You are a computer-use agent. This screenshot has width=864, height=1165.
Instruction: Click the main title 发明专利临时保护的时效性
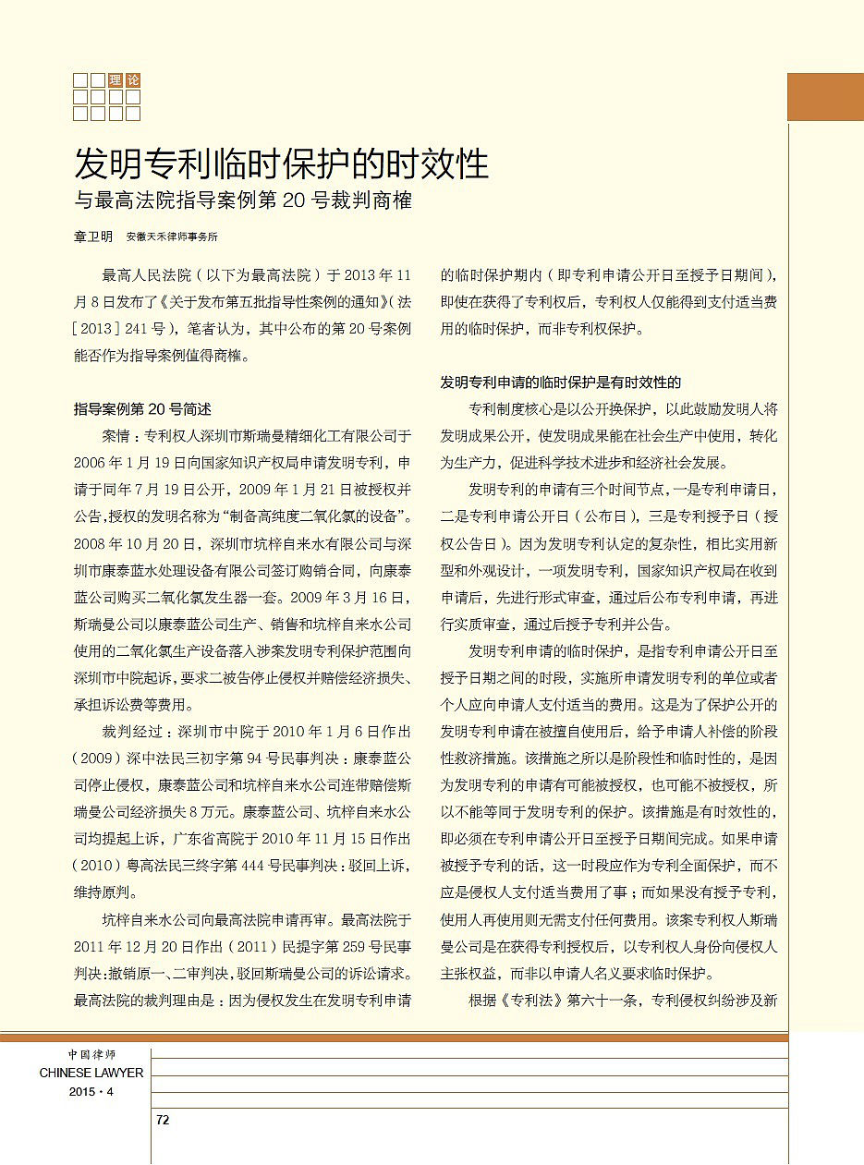pyautogui.click(x=281, y=164)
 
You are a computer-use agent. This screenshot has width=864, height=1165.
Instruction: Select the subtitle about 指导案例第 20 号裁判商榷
pyautogui.click(x=242, y=200)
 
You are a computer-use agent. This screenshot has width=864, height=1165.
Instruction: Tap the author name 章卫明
pyautogui.click(x=93, y=237)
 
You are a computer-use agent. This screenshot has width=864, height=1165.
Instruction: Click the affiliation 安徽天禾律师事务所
pyautogui.click(x=172, y=237)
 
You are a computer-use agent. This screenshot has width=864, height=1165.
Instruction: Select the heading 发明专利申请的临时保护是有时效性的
pyautogui.click(x=561, y=382)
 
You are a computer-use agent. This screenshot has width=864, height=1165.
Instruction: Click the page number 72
pyautogui.click(x=163, y=1120)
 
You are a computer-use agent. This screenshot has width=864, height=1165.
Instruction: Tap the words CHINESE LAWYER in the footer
pyautogui.click(x=91, y=1073)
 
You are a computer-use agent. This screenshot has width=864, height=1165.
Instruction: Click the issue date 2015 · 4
pyautogui.click(x=91, y=1091)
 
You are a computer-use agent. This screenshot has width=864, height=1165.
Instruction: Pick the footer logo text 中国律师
pyautogui.click(x=91, y=1054)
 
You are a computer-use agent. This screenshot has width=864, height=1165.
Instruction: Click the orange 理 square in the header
pyautogui.click(x=116, y=80)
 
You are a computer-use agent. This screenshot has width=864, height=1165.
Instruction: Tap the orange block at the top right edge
pyautogui.click(x=824, y=97)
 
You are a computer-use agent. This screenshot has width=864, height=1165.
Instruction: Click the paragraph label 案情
pyautogui.click(x=117, y=434)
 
